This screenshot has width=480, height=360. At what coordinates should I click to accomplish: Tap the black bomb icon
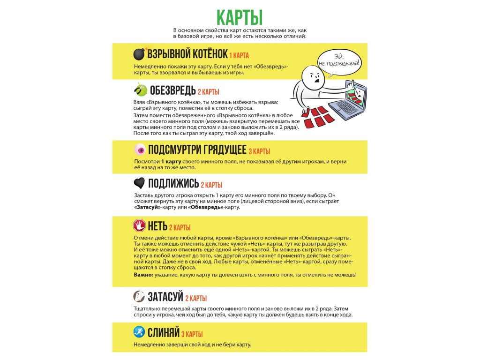139,54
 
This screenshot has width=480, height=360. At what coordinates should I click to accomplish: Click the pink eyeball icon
139,150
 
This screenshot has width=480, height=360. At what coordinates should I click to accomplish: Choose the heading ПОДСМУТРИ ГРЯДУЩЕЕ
197,150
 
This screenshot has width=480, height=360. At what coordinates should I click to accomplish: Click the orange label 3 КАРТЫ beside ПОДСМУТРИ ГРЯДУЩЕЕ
259,152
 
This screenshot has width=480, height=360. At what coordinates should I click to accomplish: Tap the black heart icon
139,183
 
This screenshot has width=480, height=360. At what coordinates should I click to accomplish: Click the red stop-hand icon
139,226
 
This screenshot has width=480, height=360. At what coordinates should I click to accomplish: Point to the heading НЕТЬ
157,226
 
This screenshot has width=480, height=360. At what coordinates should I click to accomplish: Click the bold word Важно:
144,274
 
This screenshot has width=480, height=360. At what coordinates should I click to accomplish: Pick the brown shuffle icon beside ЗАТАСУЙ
139,296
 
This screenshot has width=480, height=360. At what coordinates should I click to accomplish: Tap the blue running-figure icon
139,332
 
